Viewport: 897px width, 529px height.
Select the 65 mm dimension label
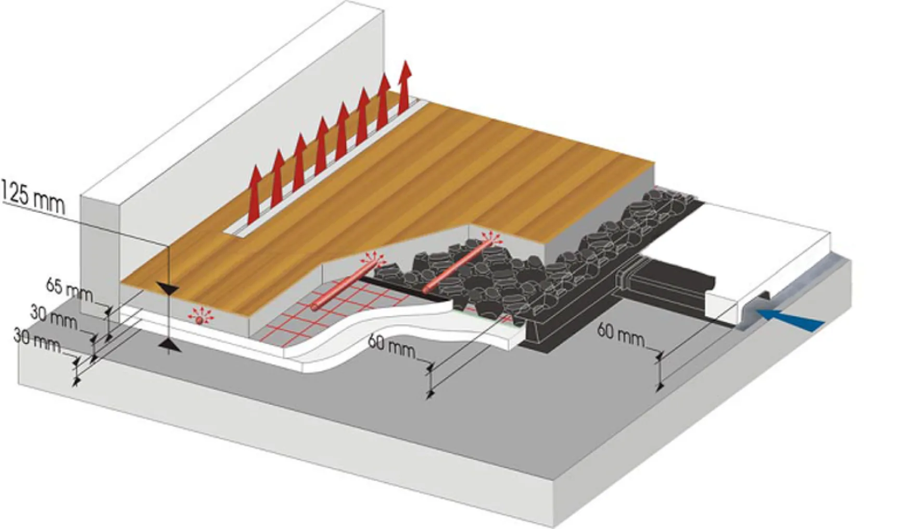69,290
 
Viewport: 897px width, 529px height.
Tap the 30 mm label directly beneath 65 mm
53,318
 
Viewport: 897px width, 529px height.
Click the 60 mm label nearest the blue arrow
620,334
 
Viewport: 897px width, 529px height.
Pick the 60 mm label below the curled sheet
391,346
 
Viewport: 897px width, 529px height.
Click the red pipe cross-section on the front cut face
198,320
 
